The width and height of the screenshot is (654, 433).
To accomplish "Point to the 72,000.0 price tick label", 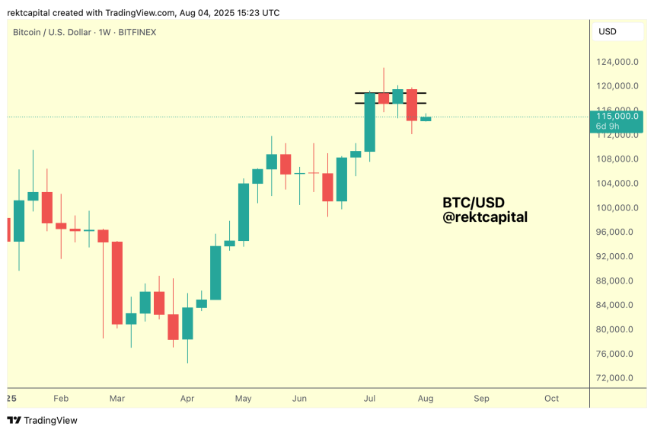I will [x=617, y=378].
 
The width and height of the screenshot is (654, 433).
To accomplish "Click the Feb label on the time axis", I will [x=61, y=398].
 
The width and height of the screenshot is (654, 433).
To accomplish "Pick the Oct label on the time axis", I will [x=551, y=398].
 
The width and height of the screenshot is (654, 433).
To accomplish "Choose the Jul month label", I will [x=370, y=398].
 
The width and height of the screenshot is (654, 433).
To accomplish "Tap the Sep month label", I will [x=481, y=398].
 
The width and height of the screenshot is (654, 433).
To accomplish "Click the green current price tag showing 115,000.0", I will [x=616, y=117].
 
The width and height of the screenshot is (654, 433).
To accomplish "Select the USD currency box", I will [x=608, y=32].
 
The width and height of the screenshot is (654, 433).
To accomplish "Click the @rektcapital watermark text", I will [x=485, y=217].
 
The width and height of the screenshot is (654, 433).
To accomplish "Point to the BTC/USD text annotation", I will [x=474, y=203].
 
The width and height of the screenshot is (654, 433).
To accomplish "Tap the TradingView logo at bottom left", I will [x=43, y=420].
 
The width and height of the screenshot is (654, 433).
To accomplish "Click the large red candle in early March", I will [x=117, y=282].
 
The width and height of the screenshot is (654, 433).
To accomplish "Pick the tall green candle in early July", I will [x=370, y=122].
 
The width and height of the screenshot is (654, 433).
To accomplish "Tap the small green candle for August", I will [x=426, y=118].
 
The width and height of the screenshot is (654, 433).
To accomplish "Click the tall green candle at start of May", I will [x=244, y=212].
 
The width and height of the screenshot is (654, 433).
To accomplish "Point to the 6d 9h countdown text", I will [x=607, y=126].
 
